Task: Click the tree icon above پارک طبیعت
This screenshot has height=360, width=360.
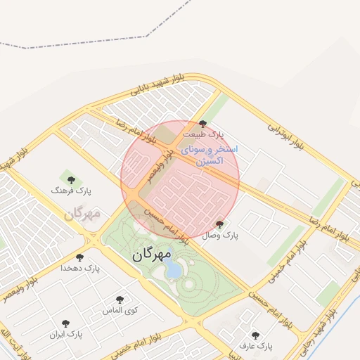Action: (x=203, y=124)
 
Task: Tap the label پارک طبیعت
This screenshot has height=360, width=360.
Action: (x=203, y=134)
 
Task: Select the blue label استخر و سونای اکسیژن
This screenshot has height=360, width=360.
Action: (x=209, y=155)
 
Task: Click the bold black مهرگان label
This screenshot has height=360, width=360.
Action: (x=151, y=255)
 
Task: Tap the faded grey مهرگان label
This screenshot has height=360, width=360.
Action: (x=82, y=212)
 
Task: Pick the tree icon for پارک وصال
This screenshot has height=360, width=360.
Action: (x=220, y=225)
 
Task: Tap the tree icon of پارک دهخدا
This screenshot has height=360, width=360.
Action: (x=80, y=258)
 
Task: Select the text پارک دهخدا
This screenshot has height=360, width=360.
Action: (x=80, y=268)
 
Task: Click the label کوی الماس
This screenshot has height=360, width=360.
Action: (x=120, y=310)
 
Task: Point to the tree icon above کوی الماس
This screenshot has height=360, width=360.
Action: (x=120, y=300)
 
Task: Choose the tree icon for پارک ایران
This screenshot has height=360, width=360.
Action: (x=66, y=324)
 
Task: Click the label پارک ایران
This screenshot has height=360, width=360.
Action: (x=66, y=335)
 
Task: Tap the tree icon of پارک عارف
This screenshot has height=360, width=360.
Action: (x=255, y=335)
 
